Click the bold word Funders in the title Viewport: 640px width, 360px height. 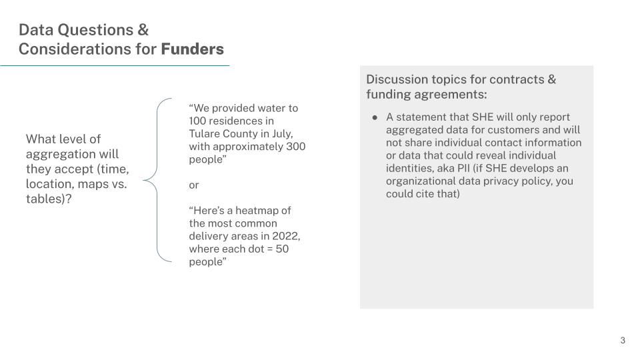192,49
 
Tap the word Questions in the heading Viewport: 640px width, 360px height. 95,30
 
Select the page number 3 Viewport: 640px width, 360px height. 623,341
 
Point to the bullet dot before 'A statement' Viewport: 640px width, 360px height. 375,117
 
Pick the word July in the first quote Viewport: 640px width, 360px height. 283,134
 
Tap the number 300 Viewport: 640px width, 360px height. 295,147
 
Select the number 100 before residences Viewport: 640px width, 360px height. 197,121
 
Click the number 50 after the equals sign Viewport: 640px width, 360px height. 282,249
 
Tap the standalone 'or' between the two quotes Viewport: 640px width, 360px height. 194,185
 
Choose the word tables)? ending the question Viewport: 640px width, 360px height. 49,199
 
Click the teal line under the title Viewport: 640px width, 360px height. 115,65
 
